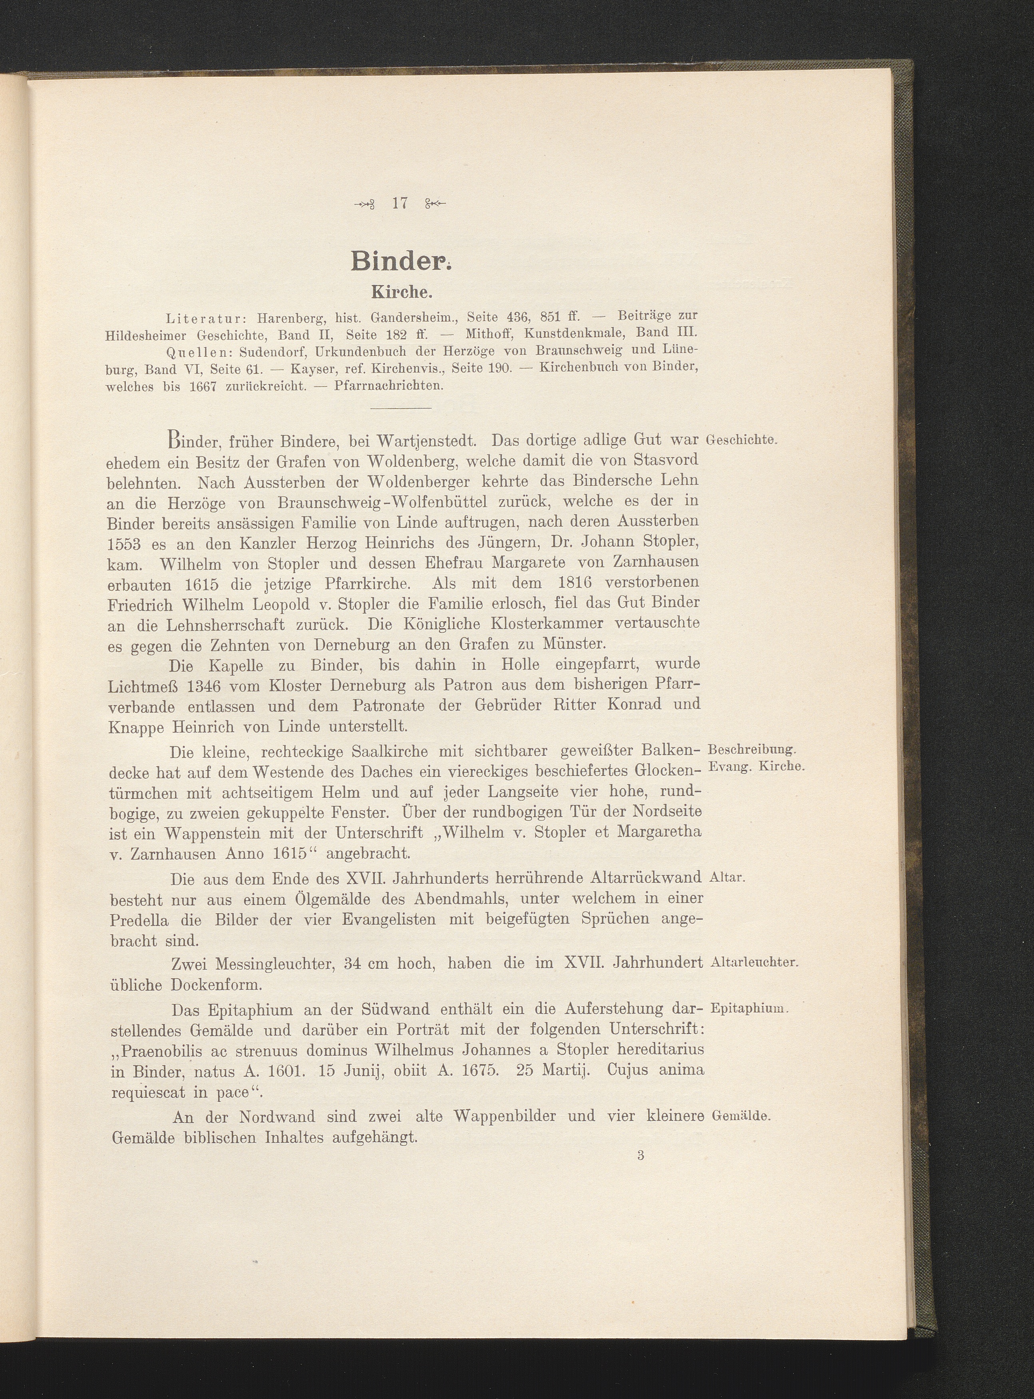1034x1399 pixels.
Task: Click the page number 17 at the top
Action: [399, 203]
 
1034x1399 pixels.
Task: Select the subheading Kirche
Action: [401, 292]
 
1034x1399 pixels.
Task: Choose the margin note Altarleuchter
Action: [755, 963]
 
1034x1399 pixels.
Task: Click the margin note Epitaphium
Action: [749, 1009]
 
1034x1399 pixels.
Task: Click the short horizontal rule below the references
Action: [401, 409]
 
